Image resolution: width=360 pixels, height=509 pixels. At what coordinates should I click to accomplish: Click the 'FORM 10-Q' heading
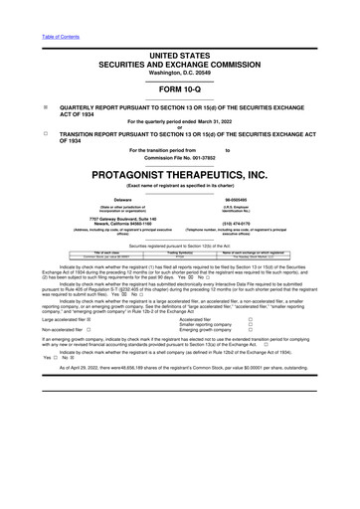180,86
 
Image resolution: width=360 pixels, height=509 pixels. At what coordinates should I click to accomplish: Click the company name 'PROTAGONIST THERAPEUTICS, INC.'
180,174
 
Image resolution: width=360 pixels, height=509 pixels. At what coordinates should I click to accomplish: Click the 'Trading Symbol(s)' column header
180,253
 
